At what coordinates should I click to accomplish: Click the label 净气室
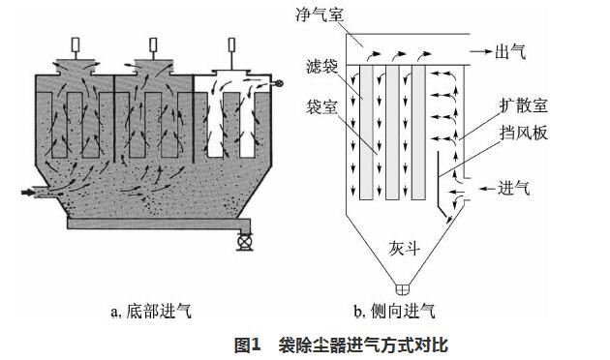coord(320,15)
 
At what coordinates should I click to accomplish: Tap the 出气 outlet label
coord(510,51)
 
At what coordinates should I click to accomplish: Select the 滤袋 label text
coord(321,67)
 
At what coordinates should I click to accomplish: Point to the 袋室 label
coord(321,106)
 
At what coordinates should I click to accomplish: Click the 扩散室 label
coord(524,105)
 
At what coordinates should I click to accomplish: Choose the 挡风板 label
coord(524,133)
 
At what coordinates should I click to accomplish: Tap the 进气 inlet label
coord(513,188)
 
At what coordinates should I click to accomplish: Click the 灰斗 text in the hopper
coord(405,249)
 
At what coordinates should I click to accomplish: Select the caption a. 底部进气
coord(151,312)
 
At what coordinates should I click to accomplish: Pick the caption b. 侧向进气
coord(394,312)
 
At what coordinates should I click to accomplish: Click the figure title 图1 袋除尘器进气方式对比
coord(341,345)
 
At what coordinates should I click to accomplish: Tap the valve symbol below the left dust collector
coord(245,241)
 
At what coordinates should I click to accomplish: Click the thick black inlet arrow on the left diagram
coord(28,192)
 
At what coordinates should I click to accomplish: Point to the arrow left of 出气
coord(480,51)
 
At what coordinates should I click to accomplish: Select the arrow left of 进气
coord(487,189)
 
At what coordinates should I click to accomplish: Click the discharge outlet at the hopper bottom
coord(404,289)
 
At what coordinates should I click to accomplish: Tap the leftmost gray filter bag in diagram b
coord(366,133)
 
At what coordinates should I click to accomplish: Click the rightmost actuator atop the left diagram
coord(231,45)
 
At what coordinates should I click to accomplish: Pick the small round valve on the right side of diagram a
coord(279,83)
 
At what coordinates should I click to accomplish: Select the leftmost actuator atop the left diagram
coord(76,45)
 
